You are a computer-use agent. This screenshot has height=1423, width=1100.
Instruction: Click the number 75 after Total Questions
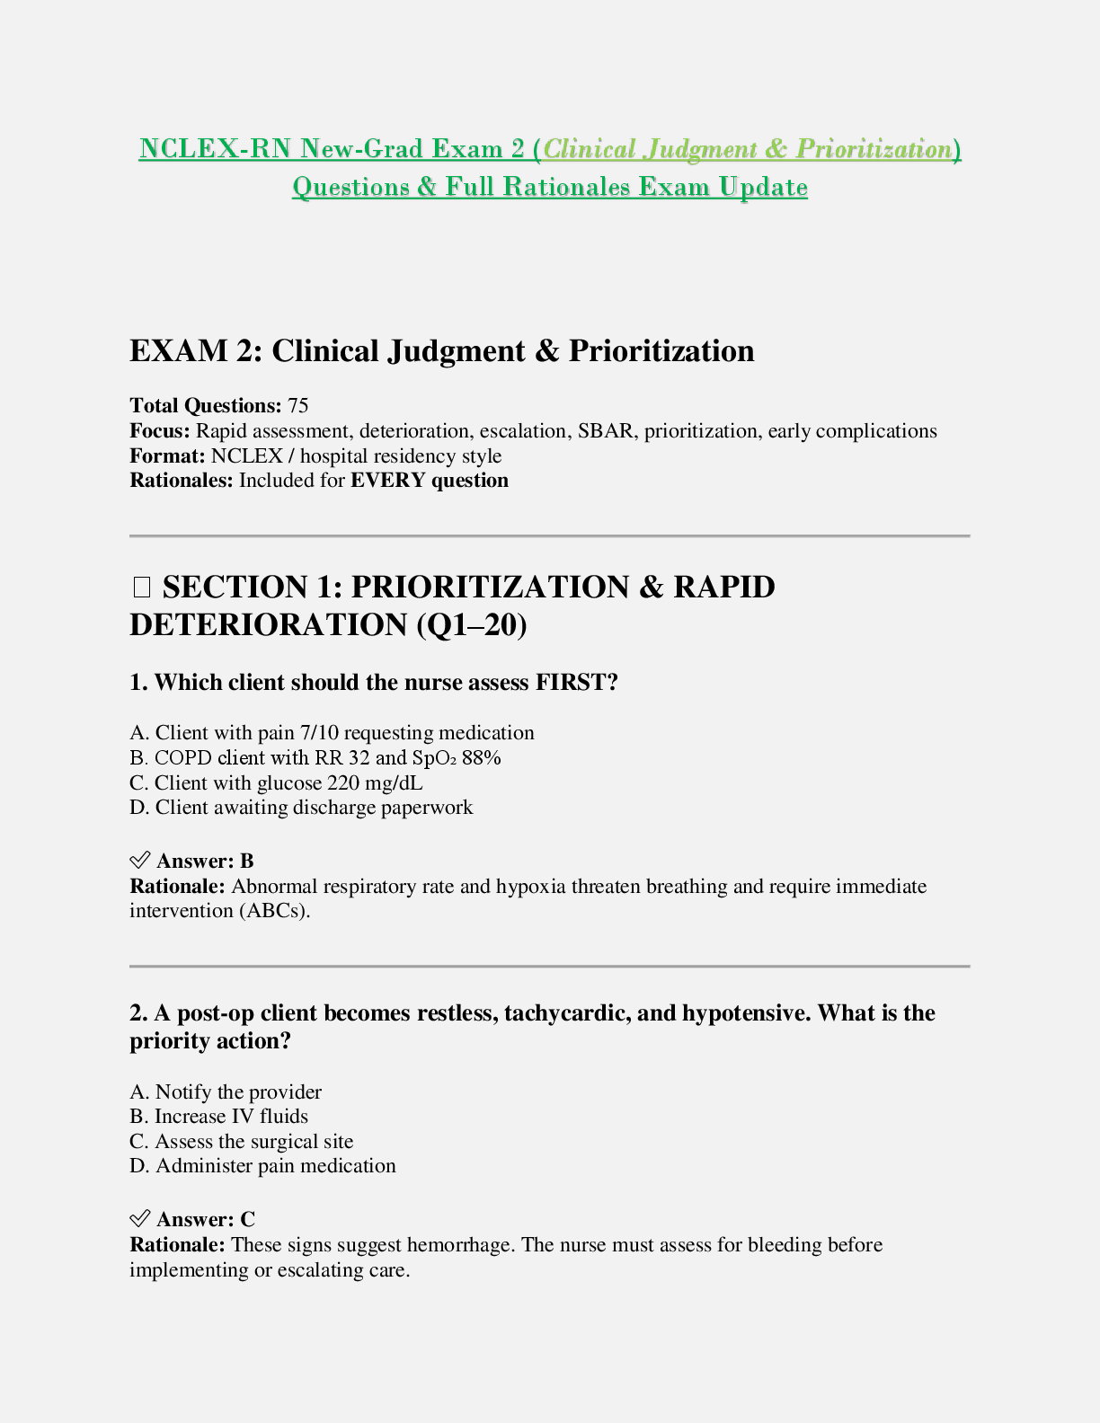pos(298,406)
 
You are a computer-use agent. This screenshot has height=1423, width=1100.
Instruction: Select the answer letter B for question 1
pos(247,862)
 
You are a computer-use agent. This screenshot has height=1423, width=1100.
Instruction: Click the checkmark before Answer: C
pos(139,1219)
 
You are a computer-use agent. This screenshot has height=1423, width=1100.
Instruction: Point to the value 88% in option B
pos(482,758)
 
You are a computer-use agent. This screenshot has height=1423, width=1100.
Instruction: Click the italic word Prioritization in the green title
pos(873,149)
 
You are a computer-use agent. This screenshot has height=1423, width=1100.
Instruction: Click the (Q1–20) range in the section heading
pos(472,625)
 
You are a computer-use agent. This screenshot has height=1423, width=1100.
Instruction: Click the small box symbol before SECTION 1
pos(141,588)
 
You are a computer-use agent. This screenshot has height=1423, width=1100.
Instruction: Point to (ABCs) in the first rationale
pos(274,911)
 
